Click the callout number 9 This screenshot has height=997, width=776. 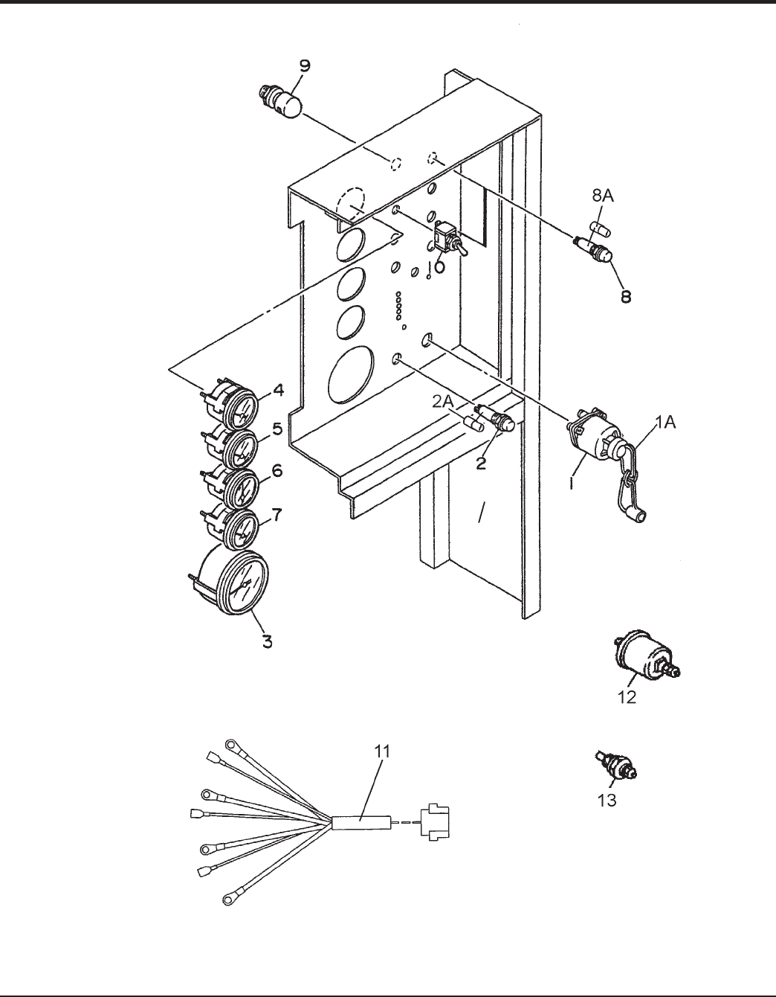(x=305, y=65)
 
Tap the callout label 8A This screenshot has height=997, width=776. (x=602, y=196)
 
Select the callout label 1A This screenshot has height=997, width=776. (x=666, y=423)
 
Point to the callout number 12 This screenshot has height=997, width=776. (x=627, y=697)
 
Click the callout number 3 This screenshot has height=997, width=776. (x=268, y=641)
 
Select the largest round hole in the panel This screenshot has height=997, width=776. (x=351, y=375)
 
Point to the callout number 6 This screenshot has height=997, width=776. (x=277, y=471)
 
